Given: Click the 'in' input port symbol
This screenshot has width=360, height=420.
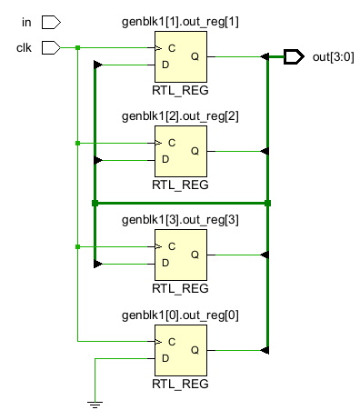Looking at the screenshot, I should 52,21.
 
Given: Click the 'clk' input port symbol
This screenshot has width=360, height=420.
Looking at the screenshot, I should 52,46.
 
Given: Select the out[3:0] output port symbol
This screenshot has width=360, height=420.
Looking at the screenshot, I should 293,57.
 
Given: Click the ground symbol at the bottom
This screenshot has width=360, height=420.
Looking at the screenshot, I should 95,403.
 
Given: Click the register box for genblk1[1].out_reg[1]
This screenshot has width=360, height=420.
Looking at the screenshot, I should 181,56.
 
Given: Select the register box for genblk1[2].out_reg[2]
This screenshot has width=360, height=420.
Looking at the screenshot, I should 181,151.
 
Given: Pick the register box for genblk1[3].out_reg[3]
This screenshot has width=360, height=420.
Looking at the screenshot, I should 181,255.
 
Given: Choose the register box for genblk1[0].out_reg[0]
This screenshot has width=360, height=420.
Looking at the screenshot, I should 181,350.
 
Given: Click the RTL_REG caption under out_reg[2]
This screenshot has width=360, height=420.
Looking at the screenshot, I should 181,185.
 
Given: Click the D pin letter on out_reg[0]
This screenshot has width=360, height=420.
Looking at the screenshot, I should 165,358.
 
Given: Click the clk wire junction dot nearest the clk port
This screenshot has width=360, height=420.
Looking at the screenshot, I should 78,47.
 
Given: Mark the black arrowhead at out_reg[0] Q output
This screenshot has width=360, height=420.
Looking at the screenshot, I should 265,350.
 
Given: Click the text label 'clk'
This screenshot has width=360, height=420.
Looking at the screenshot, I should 25,46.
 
